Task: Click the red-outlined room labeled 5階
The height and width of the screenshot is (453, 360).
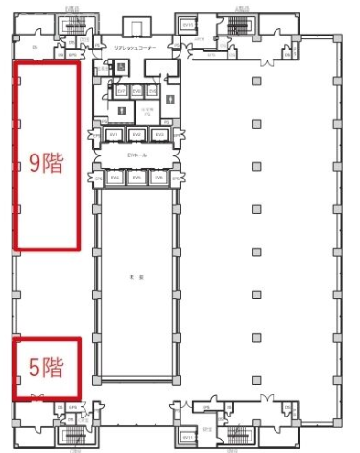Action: [45, 368]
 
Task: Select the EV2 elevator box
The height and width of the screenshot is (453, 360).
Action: [137, 134]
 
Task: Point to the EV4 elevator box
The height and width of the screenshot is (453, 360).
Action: [114, 178]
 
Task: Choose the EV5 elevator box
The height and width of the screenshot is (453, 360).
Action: [137, 178]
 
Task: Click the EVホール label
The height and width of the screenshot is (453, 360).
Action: [137, 155]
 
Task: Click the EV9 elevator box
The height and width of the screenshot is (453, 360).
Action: [152, 90]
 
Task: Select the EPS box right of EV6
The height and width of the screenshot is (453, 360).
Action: [175, 178]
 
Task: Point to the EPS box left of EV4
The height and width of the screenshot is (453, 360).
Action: [98, 178]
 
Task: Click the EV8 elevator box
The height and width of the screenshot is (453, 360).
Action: [137, 90]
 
